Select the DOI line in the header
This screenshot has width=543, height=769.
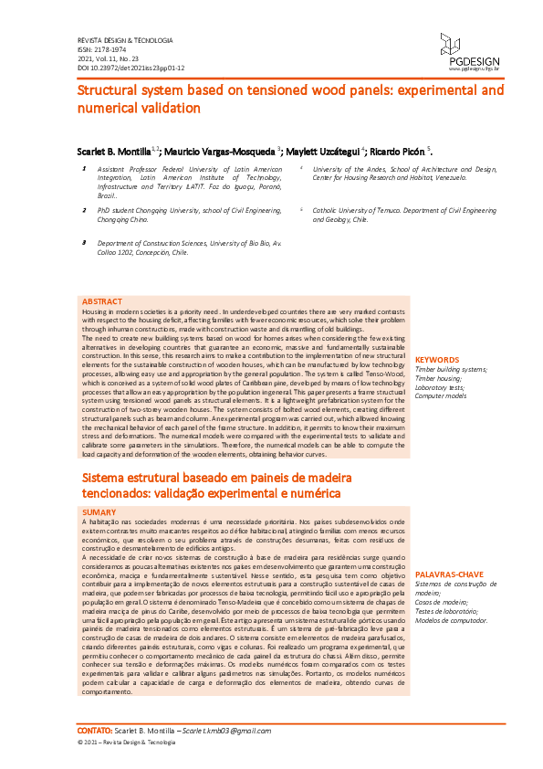click(131, 68)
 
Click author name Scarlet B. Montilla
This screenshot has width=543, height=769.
click(111, 150)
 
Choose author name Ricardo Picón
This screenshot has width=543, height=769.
click(400, 150)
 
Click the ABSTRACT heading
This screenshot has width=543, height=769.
click(101, 300)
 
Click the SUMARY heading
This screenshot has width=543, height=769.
click(99, 513)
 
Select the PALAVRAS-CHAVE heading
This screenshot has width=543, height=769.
click(449, 575)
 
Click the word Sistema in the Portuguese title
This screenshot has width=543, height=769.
click(107, 479)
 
